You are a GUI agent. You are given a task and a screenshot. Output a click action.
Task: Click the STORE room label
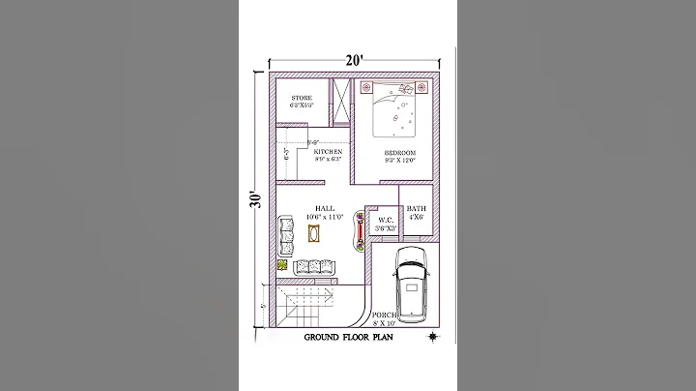click(x=302, y=98)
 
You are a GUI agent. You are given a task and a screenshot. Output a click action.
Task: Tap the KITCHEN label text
click(x=328, y=153)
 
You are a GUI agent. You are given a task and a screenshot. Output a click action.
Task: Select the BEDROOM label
click(x=399, y=154)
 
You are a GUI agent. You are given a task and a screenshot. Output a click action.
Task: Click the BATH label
click(x=417, y=209)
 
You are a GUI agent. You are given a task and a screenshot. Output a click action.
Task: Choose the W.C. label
click(x=386, y=220)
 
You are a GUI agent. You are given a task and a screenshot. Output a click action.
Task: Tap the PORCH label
click(x=383, y=316)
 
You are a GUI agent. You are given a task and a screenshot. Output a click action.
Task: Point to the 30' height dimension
click(x=254, y=199)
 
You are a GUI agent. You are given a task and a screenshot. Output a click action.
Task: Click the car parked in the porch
click(x=412, y=282)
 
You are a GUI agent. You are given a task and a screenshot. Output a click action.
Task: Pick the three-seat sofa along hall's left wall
click(x=287, y=233)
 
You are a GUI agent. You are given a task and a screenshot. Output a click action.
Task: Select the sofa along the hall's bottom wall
click(x=314, y=266)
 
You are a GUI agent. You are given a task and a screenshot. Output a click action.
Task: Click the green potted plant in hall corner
click(x=283, y=264)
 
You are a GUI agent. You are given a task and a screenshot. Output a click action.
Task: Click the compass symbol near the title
click(x=433, y=337)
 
